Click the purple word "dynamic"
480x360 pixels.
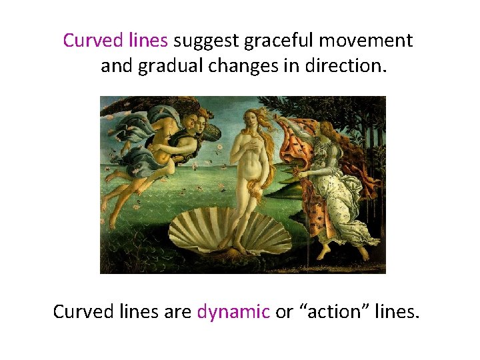[233, 312]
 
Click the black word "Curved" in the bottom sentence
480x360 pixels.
[80, 311]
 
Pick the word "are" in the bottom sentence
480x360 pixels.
[177, 312]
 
